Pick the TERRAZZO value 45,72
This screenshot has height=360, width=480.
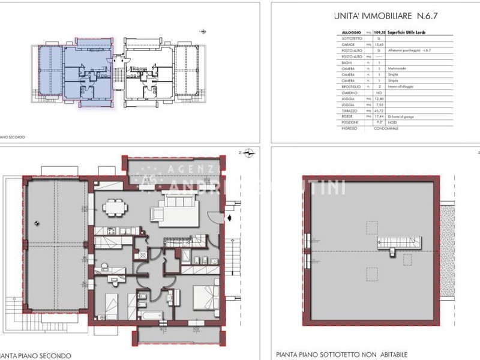tap(379, 111)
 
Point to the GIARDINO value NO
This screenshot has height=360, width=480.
tap(379, 93)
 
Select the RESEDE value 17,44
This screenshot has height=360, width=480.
tap(379, 117)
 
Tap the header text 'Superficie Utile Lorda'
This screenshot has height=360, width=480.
tap(407, 32)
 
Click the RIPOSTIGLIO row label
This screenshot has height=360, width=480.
tap(350, 87)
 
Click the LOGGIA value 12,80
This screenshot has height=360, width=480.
tap(379, 99)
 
